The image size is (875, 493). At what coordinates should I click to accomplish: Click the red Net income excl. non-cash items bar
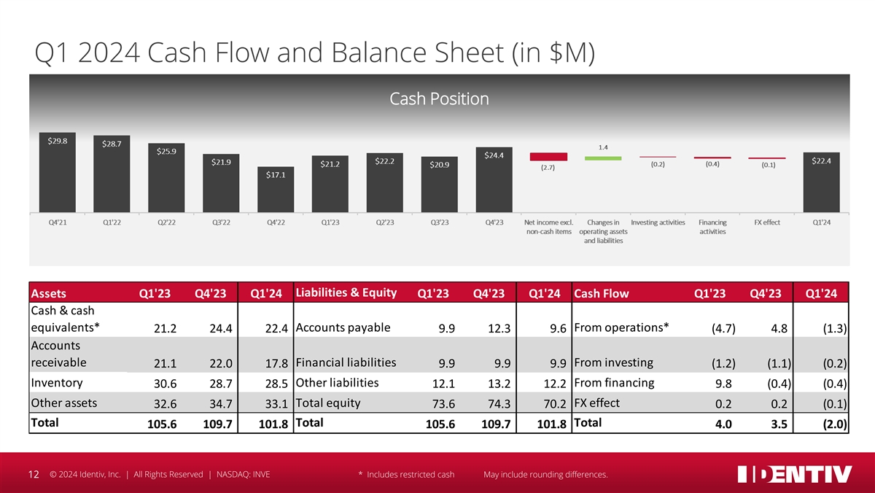coord(548,156)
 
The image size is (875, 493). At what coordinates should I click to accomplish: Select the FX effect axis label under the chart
coord(766,222)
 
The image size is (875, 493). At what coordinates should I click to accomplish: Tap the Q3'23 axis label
coord(439,222)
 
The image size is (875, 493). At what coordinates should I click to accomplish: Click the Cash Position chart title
coord(439,98)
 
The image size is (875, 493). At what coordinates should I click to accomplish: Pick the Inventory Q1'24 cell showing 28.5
coord(270,384)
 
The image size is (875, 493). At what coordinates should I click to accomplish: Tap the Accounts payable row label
coord(343,327)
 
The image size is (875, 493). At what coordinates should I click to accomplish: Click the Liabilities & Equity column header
coord(346,293)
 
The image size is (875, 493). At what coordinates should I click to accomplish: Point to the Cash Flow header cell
coord(602,294)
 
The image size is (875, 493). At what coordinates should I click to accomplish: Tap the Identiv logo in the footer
coord(795,474)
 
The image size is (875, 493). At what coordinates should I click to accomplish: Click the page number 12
coord(33,475)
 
